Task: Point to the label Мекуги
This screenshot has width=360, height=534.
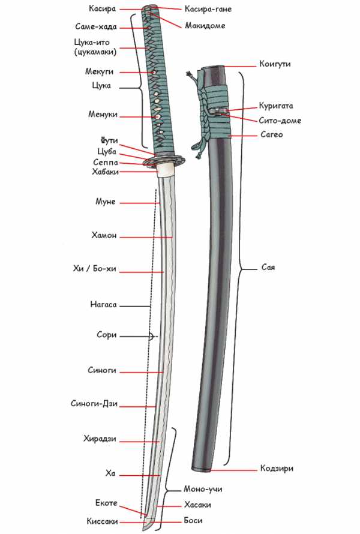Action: [x=100, y=71]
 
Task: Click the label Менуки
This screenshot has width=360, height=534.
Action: [x=101, y=115]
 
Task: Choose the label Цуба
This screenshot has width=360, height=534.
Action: [x=106, y=151]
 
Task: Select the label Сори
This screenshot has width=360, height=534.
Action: [x=106, y=335]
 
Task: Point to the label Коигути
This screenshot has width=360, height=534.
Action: [x=275, y=64]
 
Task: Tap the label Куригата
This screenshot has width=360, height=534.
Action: [x=277, y=106]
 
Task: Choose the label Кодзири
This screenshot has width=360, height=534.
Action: [x=277, y=469]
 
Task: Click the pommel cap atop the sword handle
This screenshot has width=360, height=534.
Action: [x=148, y=9]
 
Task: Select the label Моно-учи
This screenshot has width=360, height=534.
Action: [x=203, y=489]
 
